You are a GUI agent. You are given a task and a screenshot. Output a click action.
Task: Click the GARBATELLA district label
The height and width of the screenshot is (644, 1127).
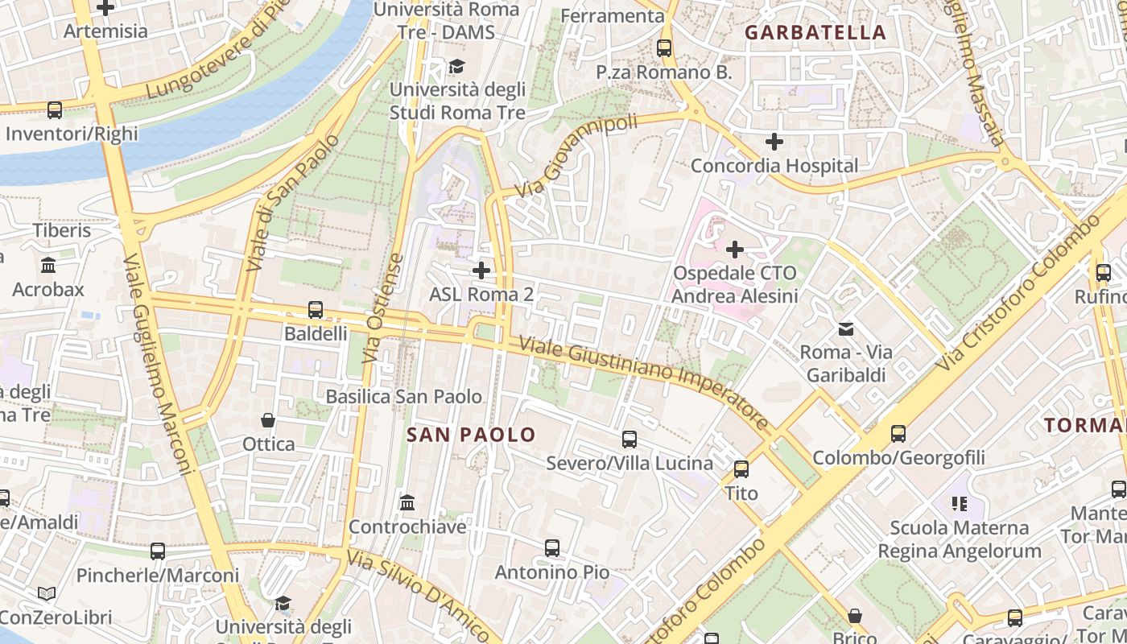click(815, 33)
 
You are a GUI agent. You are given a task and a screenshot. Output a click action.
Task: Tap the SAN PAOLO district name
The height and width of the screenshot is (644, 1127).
click(471, 436)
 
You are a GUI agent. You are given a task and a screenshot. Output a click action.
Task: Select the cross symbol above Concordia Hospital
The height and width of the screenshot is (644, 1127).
click(774, 142)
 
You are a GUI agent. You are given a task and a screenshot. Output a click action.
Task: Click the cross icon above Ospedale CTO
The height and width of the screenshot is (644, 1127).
click(735, 250)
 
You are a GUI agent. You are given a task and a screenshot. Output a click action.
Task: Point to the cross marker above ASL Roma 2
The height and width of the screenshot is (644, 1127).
click(481, 270)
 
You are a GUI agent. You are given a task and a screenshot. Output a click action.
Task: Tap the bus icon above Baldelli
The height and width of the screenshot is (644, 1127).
click(316, 310)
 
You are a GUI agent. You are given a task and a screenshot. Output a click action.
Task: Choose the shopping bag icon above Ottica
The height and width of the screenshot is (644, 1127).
click(268, 420)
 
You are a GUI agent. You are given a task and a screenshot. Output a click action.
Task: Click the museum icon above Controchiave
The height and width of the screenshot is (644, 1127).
click(407, 503)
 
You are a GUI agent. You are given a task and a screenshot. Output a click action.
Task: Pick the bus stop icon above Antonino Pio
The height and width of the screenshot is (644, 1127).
click(552, 548)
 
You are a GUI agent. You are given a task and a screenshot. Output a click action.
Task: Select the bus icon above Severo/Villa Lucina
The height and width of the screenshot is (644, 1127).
click(630, 440)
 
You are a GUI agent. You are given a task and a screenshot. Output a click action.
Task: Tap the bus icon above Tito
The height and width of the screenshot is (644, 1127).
click(741, 469)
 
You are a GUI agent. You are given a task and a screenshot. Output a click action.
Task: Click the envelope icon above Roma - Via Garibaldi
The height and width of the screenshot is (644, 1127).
click(846, 328)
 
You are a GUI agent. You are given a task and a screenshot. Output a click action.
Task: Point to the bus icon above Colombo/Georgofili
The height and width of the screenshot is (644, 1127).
click(898, 434)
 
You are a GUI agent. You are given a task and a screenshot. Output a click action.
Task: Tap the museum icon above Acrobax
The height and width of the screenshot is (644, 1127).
click(48, 265)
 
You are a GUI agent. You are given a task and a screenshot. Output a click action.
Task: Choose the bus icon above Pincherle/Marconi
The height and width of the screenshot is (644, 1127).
click(158, 551)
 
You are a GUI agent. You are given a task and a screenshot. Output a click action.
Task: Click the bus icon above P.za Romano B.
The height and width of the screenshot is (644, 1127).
click(664, 48)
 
